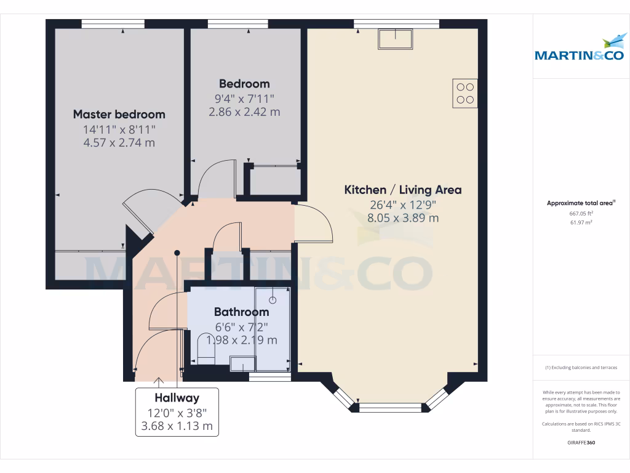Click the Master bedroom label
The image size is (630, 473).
point(119,114)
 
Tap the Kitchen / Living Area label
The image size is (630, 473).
point(402,190)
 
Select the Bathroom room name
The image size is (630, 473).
point(241,312)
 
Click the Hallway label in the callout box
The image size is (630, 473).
point(177,398)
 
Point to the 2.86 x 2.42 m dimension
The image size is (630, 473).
point(245,112)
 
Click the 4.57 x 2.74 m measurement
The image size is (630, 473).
point(119,143)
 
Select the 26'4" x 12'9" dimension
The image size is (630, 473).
point(402,204)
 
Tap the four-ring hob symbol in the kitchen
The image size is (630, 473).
point(465,94)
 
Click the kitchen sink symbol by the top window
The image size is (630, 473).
point(396,39)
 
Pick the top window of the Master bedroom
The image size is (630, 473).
point(113,24)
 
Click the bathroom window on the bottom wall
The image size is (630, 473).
point(269,377)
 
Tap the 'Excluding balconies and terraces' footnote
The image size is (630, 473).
point(581,368)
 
